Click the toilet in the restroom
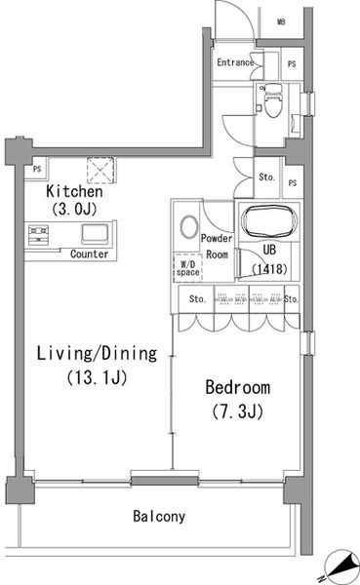(272, 100)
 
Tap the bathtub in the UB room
(269, 221)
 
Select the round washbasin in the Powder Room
(189, 227)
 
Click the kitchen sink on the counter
(96, 234)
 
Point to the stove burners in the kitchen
(38, 235)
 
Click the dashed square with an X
(100, 170)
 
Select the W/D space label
(188, 269)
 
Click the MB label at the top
(282, 22)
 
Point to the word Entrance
(236, 62)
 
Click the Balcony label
(159, 517)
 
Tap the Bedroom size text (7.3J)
(238, 411)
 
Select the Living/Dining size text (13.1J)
(98, 377)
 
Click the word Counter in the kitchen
(89, 254)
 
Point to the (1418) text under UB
(269, 269)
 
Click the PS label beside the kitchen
(37, 169)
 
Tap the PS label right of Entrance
(292, 64)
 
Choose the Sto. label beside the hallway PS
(266, 177)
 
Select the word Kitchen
(74, 191)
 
